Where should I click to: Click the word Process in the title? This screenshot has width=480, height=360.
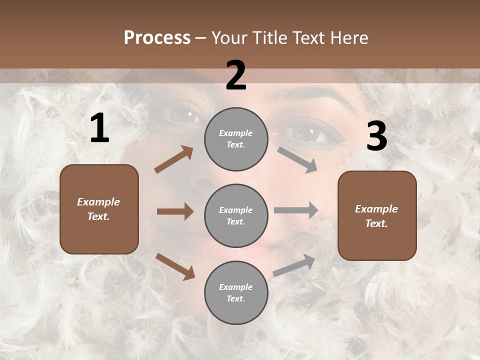(157, 37)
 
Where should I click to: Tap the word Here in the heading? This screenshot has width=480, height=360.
(348, 37)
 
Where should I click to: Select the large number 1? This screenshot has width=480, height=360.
(99, 128)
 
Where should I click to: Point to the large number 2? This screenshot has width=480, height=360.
(236, 75)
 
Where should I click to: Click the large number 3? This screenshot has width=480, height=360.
(376, 136)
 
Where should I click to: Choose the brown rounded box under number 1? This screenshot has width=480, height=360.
(99, 209)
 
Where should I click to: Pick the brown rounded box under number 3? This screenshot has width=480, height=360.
(377, 216)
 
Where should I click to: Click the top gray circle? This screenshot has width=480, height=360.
(236, 139)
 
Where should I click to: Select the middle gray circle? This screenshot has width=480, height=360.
(236, 216)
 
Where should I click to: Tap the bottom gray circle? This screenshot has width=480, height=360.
(236, 293)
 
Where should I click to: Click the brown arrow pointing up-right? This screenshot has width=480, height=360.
(174, 159)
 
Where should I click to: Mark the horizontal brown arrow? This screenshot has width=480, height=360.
(175, 211)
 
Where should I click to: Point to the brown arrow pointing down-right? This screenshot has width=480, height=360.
(175, 266)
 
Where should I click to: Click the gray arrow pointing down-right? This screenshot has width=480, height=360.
(297, 159)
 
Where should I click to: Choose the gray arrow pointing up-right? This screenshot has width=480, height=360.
(294, 265)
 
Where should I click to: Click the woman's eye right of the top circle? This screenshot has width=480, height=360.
(305, 133)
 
